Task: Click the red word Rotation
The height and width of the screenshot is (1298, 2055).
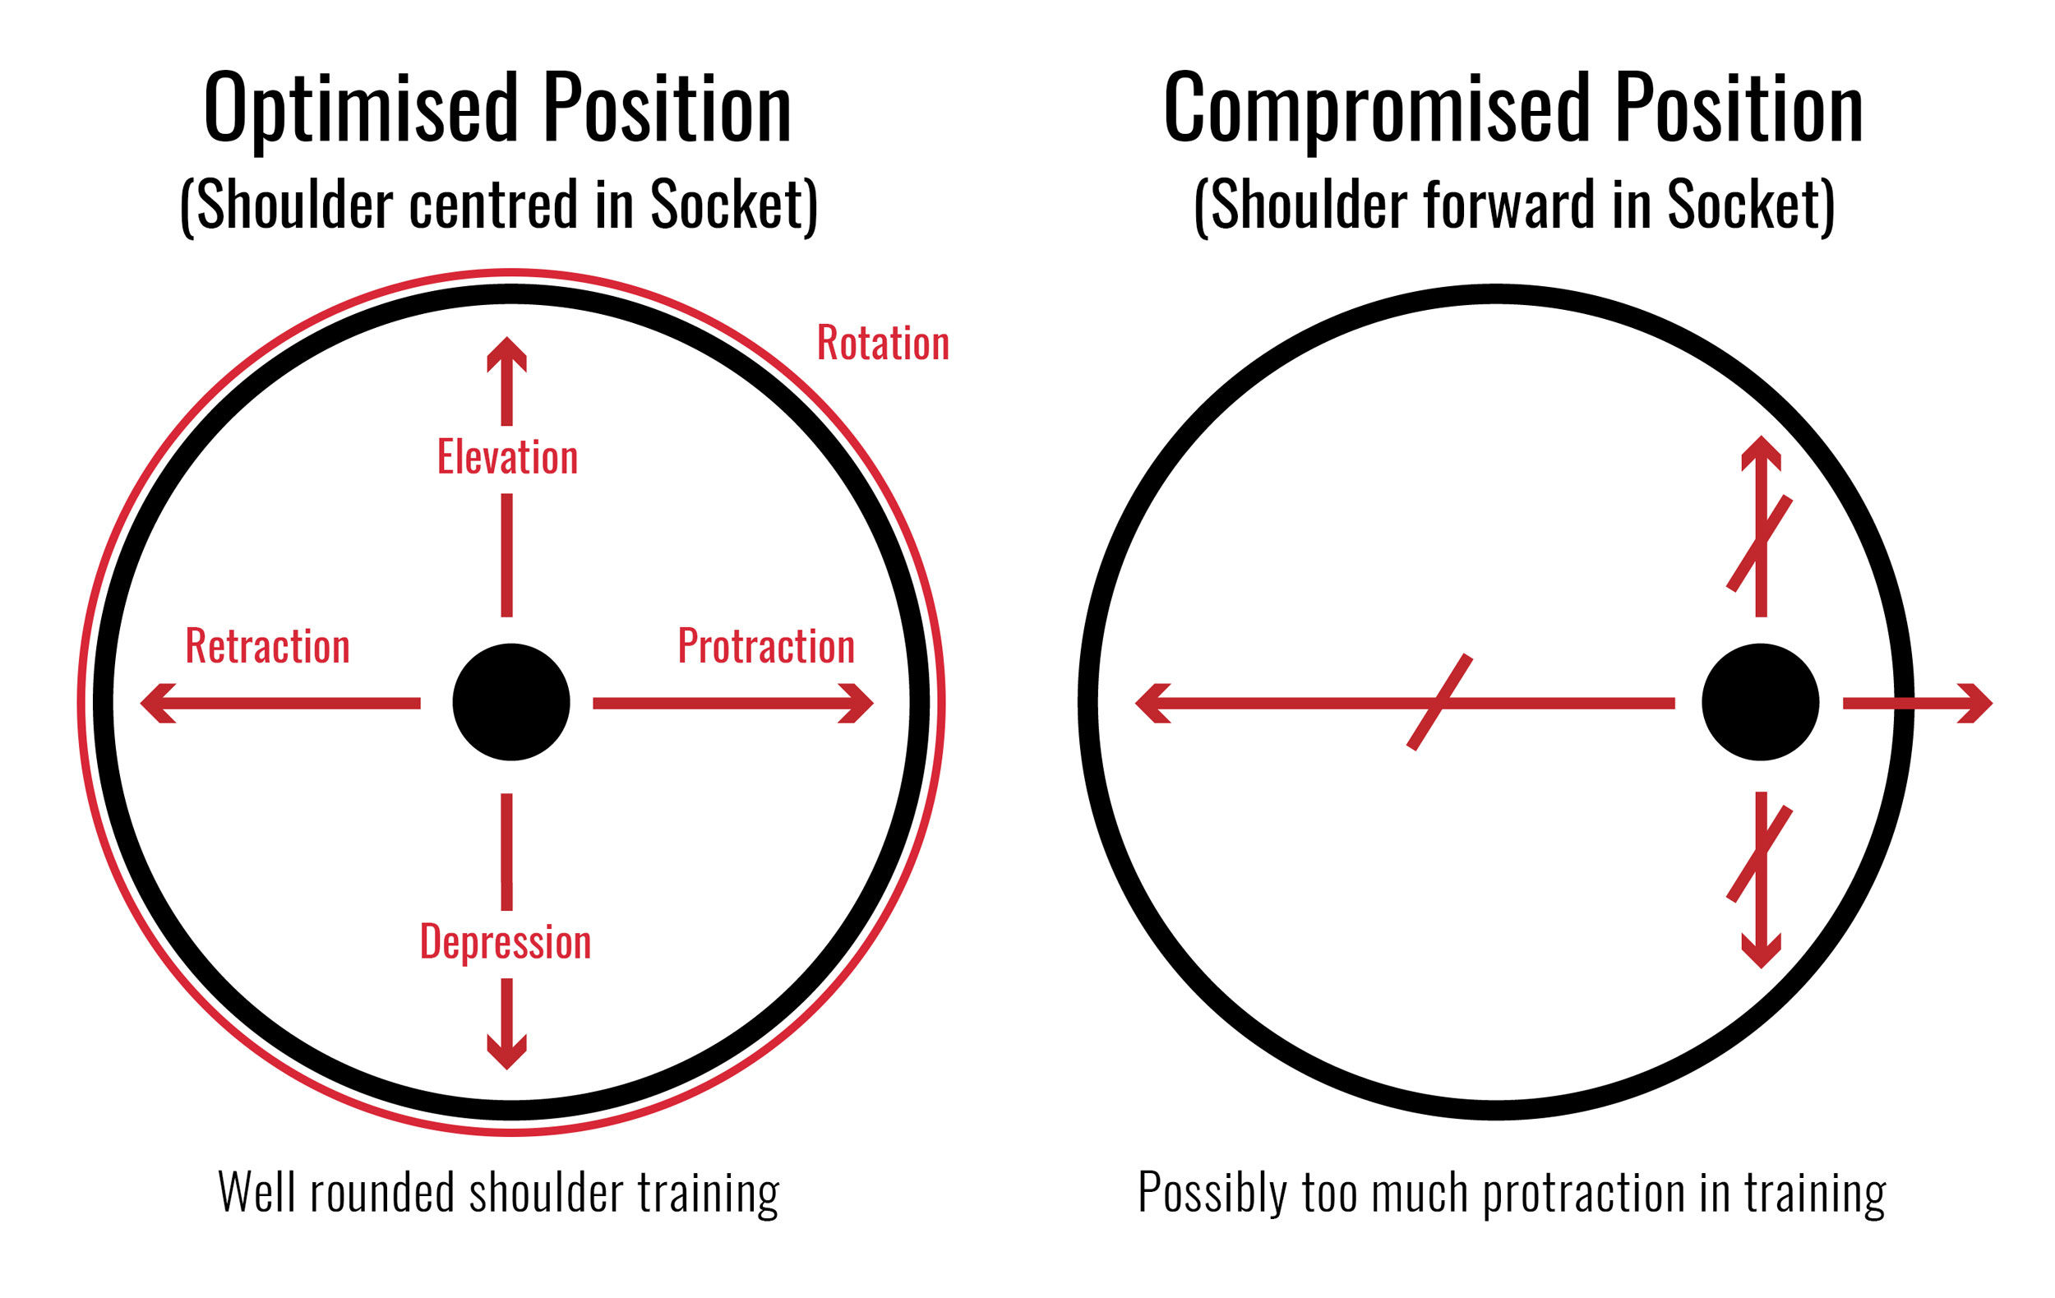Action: point(883,343)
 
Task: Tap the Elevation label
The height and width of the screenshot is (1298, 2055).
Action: point(508,457)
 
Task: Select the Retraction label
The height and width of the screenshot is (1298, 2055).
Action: point(268,647)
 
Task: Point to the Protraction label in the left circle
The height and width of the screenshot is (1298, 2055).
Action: point(765,647)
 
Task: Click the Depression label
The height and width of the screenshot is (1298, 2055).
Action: point(506,942)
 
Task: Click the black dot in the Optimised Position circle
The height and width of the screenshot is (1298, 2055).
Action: point(511,702)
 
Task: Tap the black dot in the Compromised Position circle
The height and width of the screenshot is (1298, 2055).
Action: point(1761,702)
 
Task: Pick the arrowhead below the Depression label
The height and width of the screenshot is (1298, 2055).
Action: point(507,1052)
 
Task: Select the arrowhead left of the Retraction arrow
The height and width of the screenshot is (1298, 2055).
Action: point(157,703)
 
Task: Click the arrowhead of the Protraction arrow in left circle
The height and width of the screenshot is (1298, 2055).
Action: point(856,703)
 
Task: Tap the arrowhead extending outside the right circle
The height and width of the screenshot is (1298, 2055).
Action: point(1974,703)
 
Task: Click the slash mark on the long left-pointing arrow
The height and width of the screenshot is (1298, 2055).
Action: point(1439,702)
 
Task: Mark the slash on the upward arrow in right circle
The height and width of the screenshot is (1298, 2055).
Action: point(1760,543)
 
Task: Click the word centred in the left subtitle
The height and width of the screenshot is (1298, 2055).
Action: point(494,206)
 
